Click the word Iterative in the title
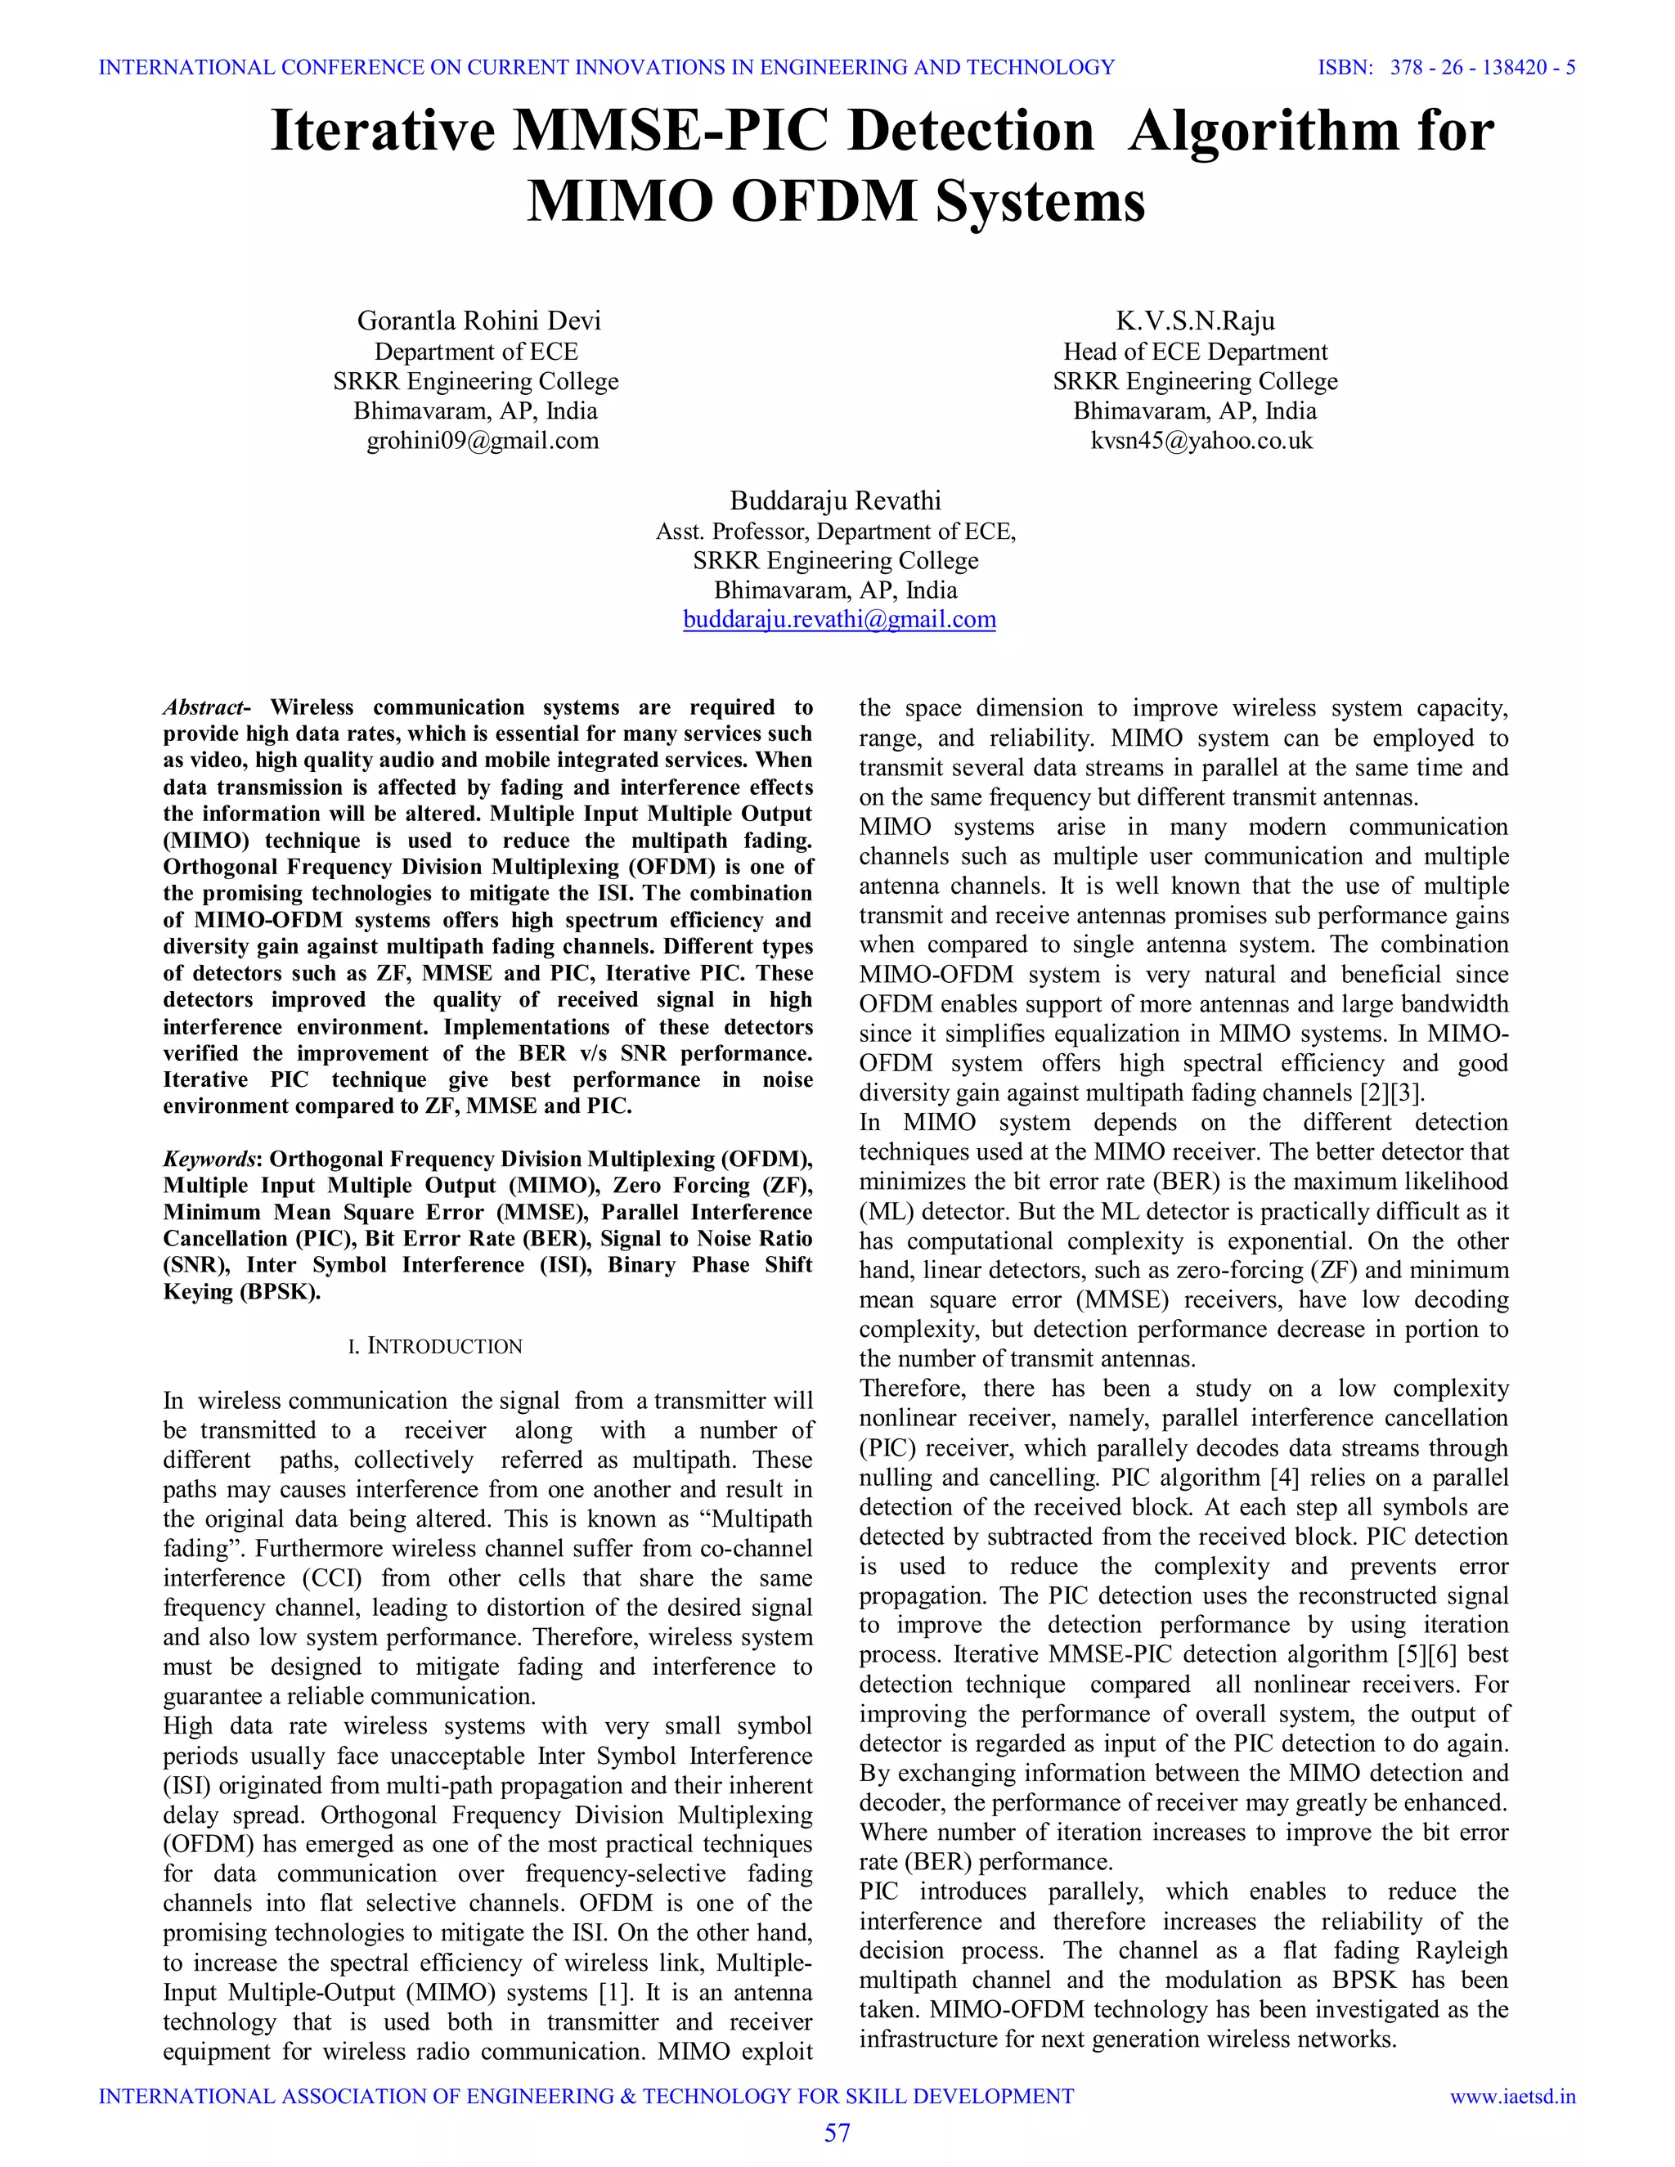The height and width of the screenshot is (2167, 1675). (382, 131)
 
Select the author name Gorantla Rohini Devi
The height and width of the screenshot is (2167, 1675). (478, 321)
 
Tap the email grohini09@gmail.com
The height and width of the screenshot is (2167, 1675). (483, 441)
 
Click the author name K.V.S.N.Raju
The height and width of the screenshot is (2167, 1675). (1195, 321)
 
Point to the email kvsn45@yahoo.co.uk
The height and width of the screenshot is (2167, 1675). (1201, 441)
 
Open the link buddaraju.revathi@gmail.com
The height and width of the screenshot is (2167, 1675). (838, 619)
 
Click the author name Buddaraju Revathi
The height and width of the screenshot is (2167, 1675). (836, 500)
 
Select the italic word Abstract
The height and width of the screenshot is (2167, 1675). (204, 707)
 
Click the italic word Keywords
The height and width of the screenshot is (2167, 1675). (209, 1159)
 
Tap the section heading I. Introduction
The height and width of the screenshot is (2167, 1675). (434, 1347)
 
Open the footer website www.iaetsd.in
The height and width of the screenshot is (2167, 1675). (1512, 2097)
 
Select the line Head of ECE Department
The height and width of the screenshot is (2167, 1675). (1195, 352)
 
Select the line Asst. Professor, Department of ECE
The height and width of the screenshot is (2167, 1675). (836, 531)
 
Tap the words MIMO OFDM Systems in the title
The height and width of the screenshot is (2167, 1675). (836, 201)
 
